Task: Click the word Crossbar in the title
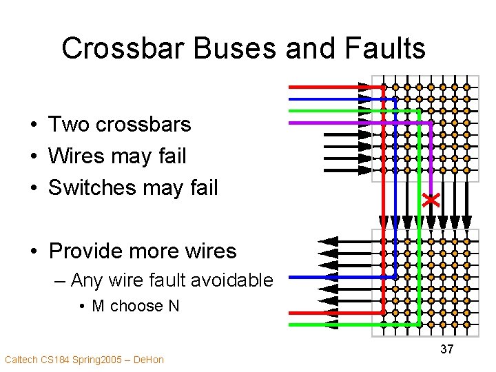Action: point(111,49)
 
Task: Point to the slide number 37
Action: point(447,349)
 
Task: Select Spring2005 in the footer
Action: point(92,360)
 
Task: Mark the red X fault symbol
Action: point(431,200)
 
